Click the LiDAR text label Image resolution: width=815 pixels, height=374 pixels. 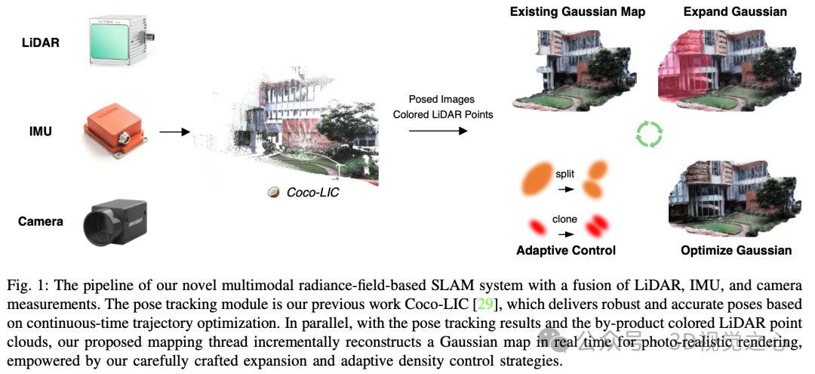tap(40, 43)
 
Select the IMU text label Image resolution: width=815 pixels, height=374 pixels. tap(40, 132)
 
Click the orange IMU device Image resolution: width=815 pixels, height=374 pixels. tap(117, 132)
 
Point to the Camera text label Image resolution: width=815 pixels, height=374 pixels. tap(40, 221)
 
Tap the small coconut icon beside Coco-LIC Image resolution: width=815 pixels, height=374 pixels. tap(273, 193)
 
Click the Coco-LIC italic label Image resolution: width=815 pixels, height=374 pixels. tap(312, 193)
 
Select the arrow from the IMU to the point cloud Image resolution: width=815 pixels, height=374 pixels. tap(174, 132)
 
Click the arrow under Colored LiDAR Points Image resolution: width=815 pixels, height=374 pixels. tap(438, 131)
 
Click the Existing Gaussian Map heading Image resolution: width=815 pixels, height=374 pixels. tap(577, 12)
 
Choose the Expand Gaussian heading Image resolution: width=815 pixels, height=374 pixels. tap(724, 12)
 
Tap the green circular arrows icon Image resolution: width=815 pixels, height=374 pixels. tap(648, 134)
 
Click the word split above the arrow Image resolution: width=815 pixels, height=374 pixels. tap(564, 174)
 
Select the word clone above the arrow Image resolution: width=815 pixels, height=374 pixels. tap(564, 219)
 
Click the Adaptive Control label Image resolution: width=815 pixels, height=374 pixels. tap(565, 250)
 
